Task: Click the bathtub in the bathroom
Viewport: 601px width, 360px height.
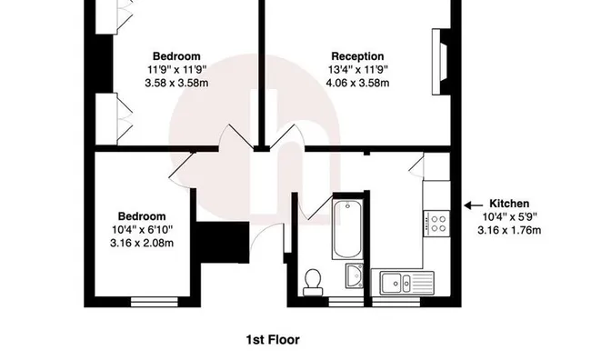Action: (x=347, y=229)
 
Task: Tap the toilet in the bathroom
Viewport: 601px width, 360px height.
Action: (x=313, y=282)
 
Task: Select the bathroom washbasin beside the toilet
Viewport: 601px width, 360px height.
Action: (x=355, y=275)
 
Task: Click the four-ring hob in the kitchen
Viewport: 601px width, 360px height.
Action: (x=436, y=224)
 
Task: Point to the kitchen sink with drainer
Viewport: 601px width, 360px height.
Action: (x=406, y=283)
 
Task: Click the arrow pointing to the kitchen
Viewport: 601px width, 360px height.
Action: (x=474, y=205)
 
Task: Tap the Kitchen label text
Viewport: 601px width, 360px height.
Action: (x=509, y=204)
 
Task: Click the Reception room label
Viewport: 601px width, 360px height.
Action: (x=357, y=56)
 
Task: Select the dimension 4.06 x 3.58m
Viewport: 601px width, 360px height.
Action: (x=357, y=83)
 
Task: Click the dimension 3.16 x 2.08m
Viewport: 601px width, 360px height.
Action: (x=142, y=243)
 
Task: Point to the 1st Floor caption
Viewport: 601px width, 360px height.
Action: (x=273, y=340)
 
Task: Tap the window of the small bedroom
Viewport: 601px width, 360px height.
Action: (x=155, y=302)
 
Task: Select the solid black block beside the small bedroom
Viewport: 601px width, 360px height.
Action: (x=223, y=242)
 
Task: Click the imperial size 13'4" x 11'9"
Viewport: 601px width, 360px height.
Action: (x=357, y=70)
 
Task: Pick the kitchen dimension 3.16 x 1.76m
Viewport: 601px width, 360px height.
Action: (x=509, y=230)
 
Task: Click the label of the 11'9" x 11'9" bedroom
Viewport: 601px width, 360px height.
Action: (x=176, y=56)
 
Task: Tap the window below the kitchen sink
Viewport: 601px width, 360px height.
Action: (x=396, y=302)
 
